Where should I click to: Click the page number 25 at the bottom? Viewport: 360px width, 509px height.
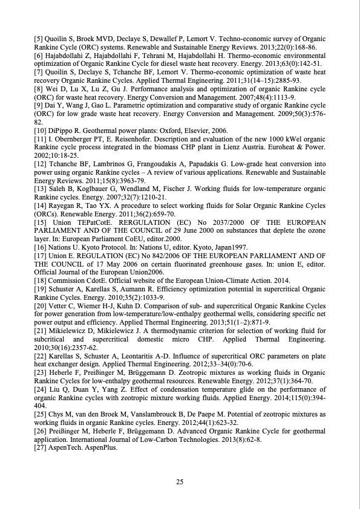180,482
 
